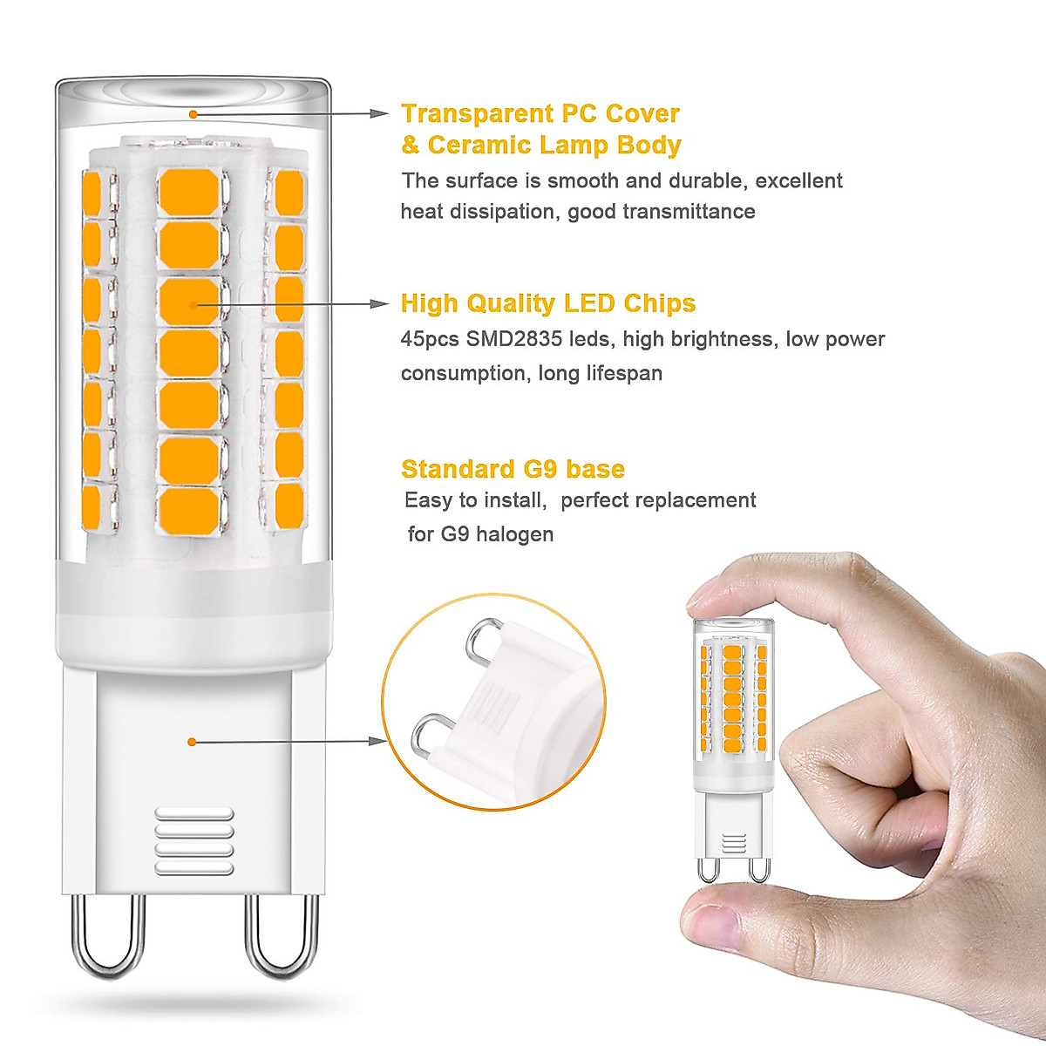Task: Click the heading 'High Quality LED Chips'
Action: pyautogui.click(x=547, y=303)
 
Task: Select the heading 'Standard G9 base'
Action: pyautogui.click(x=513, y=469)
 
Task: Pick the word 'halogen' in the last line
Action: pyautogui.click(x=515, y=533)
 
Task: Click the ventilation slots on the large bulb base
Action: pyautogui.click(x=194, y=840)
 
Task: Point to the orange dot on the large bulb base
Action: pyautogui.click(x=192, y=741)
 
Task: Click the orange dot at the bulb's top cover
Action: pyautogui.click(x=193, y=113)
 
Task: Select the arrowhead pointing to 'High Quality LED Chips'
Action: pyautogui.click(x=379, y=303)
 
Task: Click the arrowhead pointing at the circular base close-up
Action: pyautogui.click(x=377, y=741)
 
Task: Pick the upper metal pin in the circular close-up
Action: pyautogui.click(x=481, y=641)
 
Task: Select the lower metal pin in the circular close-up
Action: pyautogui.click(x=427, y=737)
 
